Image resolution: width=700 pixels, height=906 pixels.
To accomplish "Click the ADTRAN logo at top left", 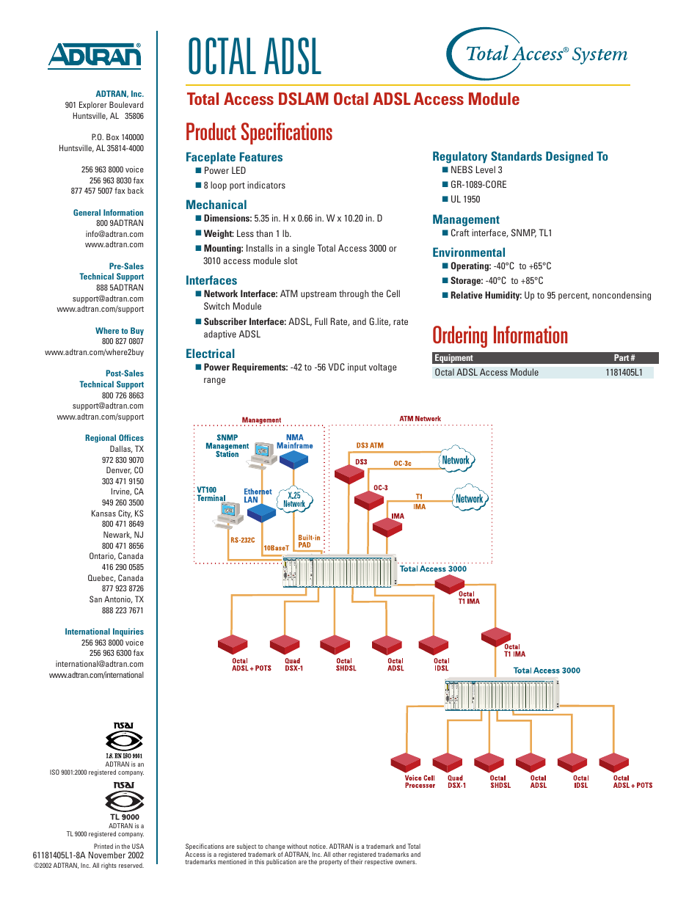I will click(95, 56).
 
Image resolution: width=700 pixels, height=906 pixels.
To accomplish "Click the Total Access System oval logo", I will click(538, 54).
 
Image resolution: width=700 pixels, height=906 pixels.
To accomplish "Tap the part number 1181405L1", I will click(624, 373).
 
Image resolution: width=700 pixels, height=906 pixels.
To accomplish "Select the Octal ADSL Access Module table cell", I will click(486, 373).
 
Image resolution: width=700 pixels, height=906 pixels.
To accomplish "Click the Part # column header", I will click(624, 358).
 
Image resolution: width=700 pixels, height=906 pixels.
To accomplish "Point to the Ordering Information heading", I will click(500, 336).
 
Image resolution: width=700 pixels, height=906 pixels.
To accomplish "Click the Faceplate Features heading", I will click(234, 157).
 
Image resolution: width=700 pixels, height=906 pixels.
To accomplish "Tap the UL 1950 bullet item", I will click(465, 200).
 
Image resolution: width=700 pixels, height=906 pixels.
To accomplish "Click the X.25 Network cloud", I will click(294, 500).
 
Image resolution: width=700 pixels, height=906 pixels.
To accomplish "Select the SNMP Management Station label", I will click(227, 446).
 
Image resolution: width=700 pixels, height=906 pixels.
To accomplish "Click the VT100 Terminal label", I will click(211, 494).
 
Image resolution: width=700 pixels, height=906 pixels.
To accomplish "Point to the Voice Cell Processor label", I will click(420, 782).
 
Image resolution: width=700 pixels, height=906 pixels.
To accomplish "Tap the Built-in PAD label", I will click(309, 541).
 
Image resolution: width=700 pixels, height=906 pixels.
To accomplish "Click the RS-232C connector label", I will click(243, 540).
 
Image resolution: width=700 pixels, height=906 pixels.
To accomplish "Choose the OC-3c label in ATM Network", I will click(402, 464).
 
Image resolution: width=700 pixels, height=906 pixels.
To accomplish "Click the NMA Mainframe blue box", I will click(294, 459).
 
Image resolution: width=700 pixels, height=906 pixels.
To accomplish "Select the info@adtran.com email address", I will click(114, 235).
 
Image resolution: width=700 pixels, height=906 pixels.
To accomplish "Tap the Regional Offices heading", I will click(114, 438).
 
